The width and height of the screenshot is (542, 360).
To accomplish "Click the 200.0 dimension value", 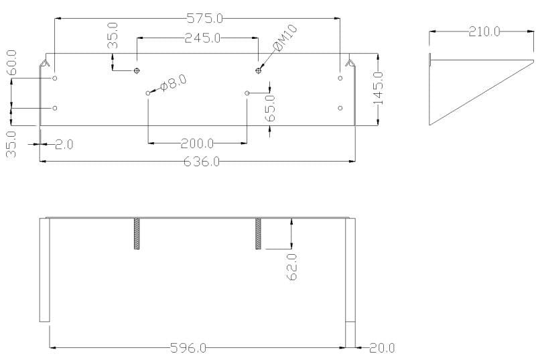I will (197, 143).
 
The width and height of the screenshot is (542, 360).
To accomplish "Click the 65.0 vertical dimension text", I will (270, 107).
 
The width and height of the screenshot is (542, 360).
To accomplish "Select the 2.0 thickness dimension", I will (64, 144).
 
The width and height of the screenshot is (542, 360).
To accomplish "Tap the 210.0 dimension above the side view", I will (484, 31).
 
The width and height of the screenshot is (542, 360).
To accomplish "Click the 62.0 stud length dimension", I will (291, 266).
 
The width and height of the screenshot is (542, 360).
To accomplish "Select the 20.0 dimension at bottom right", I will (383, 348).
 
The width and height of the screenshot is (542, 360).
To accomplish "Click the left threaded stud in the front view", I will (137, 234).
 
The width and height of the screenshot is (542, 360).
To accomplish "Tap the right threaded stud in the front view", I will (258, 234).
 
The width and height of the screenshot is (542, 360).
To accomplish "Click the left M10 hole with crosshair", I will (137, 70).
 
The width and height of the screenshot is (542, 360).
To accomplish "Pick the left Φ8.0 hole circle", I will (148, 93).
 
